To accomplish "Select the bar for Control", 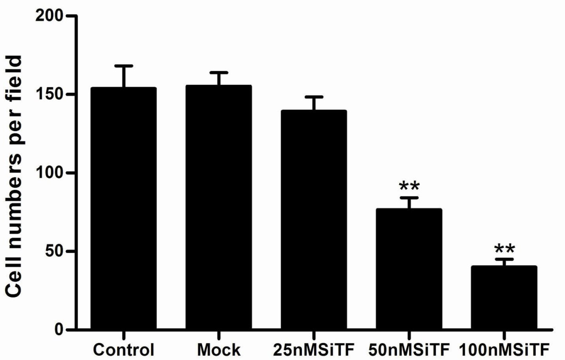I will pyautogui.click(x=124, y=208).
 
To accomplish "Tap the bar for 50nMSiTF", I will pyautogui.click(x=409, y=269).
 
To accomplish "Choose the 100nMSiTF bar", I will pyautogui.click(x=504, y=298).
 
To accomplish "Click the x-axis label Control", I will pyautogui.click(x=124, y=350).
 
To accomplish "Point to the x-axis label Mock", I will pyautogui.click(x=219, y=350).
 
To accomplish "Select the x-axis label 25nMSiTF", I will pyautogui.click(x=314, y=350).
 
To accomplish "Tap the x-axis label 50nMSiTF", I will pyautogui.click(x=409, y=350).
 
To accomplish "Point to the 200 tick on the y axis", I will pyautogui.click(x=51, y=16).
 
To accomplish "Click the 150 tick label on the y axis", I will pyautogui.click(x=51, y=95).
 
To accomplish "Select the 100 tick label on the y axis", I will pyautogui.click(x=51, y=173).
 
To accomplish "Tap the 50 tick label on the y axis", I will pyautogui.click(x=56, y=251).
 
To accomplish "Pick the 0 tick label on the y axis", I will pyautogui.click(x=61, y=329).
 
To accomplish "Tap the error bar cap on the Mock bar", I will pyautogui.click(x=219, y=73).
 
